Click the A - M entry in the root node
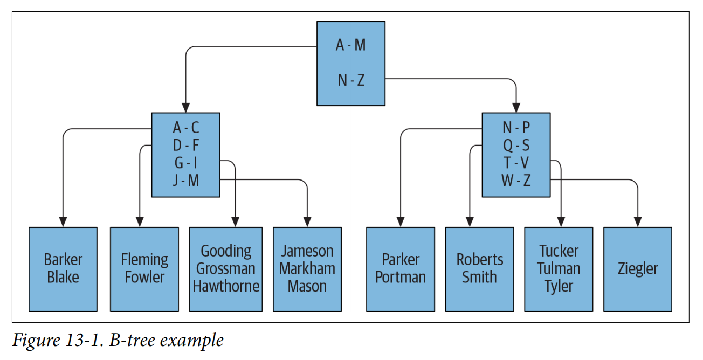pos(350,45)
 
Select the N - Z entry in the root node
pos(351,80)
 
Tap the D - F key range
pos(186,146)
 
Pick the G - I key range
pos(186,163)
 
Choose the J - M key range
pos(186,181)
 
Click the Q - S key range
pos(516,146)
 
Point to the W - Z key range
pos(516,181)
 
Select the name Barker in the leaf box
pos(63,260)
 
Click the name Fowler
pos(144,278)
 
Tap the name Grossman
pos(226,268)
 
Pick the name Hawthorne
pos(226,286)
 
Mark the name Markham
pos(307,268)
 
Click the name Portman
pos(401,278)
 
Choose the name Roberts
pos(479,260)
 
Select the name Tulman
pos(559,268)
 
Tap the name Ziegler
pos(638,268)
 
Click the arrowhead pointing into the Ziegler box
pos(638,221)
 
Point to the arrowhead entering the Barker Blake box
pos(63,221)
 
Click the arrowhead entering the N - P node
pos(516,107)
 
